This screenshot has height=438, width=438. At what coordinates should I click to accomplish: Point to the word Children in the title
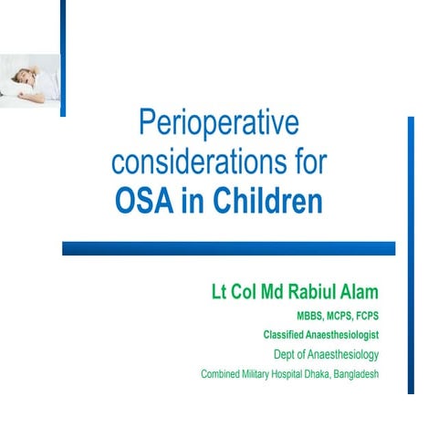[x=270, y=200]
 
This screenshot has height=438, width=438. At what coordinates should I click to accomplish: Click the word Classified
[x=284, y=335]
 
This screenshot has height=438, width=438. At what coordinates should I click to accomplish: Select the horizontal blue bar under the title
[x=228, y=248]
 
